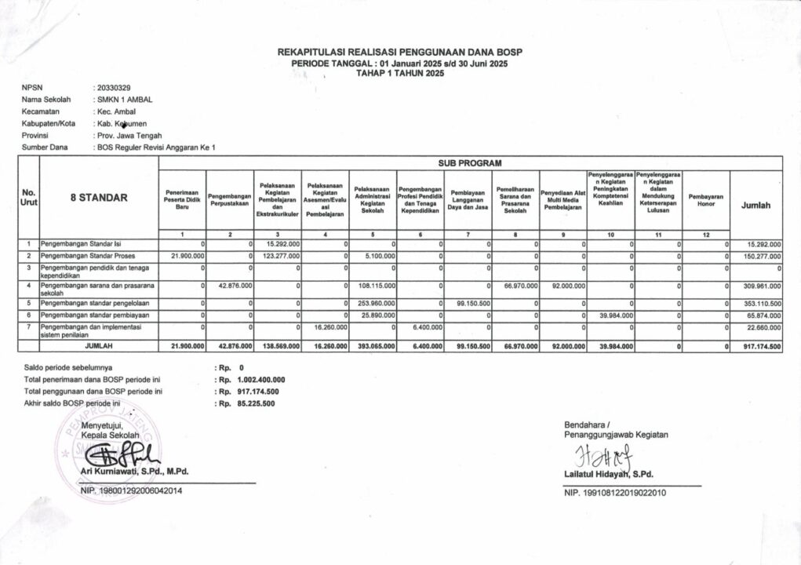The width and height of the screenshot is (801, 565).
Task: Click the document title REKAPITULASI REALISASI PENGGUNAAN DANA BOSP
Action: pyautogui.click(x=400, y=52)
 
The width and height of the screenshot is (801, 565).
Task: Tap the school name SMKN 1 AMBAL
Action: pyautogui.click(x=125, y=100)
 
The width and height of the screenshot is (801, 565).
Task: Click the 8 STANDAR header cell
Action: pyautogui.click(x=98, y=199)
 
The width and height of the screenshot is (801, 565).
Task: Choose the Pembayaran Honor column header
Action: pyautogui.click(x=705, y=200)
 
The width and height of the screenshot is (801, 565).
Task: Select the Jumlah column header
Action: pyautogui.click(x=755, y=205)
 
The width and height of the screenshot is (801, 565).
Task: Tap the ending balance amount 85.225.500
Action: pyautogui.click(x=258, y=403)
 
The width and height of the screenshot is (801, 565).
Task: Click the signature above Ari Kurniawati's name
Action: pyautogui.click(x=120, y=454)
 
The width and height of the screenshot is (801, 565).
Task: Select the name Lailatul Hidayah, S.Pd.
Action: pyautogui.click(x=608, y=474)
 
